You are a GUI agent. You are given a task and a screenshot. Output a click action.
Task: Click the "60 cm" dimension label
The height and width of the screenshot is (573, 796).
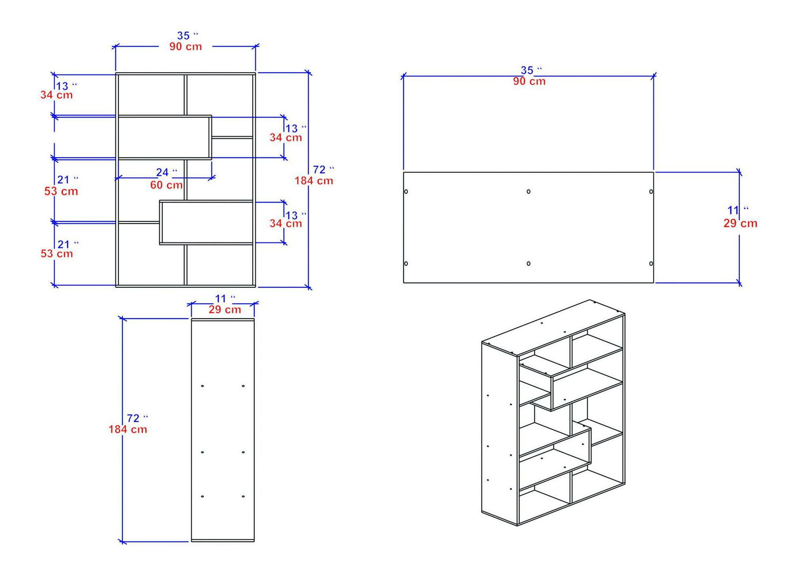[x=166, y=185]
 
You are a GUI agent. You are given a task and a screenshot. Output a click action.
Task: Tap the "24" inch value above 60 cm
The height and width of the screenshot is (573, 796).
[x=162, y=173]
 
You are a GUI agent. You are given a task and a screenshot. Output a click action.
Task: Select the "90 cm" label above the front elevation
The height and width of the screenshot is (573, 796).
[x=186, y=47]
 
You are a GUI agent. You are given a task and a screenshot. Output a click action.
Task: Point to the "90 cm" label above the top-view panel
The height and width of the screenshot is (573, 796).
[x=529, y=82]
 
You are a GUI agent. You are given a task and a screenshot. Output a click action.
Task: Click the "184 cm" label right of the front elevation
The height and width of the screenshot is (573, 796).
[x=313, y=181]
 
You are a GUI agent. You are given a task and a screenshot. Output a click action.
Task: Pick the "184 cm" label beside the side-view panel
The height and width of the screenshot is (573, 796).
[x=128, y=430]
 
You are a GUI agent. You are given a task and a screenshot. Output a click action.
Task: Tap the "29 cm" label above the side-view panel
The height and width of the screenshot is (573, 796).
[x=225, y=310]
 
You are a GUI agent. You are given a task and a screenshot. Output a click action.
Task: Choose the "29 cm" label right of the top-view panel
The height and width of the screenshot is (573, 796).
[x=740, y=224]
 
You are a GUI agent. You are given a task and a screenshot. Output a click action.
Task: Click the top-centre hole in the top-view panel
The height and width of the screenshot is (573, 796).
[x=528, y=192]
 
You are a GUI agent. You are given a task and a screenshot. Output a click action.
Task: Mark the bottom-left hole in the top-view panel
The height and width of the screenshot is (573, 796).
[x=406, y=264]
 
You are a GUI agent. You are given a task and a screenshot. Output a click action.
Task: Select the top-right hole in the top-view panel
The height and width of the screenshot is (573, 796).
[x=651, y=192]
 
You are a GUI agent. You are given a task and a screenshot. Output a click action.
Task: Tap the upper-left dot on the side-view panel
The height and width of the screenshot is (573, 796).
[x=202, y=386]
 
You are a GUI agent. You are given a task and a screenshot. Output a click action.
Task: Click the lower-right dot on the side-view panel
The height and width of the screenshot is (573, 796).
[x=243, y=496]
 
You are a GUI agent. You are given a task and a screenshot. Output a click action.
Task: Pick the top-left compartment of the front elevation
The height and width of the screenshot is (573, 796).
[x=151, y=95]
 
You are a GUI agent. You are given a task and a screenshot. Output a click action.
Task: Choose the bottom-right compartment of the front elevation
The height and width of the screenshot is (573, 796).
[x=219, y=265]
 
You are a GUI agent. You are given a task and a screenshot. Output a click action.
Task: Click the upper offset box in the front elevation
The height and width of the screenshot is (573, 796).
[x=164, y=137]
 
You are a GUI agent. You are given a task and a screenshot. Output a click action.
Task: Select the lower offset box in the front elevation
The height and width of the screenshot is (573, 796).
[x=206, y=223]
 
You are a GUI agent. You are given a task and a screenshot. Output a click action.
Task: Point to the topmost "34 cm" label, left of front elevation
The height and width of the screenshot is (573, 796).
[x=57, y=95]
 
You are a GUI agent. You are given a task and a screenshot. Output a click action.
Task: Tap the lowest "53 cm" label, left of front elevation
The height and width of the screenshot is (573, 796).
[x=57, y=254]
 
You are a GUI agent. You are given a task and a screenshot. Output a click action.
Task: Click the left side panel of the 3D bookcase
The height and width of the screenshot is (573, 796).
[x=499, y=433]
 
